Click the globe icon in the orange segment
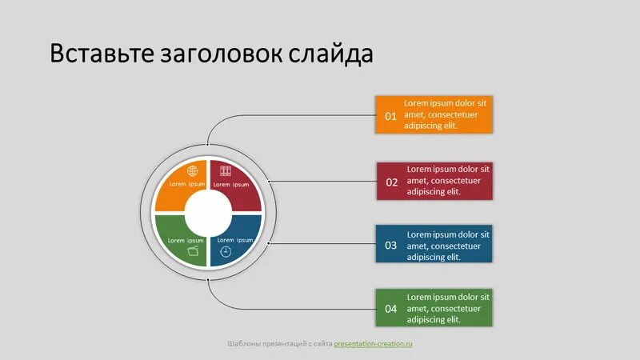pyautogui.click(x=192, y=171)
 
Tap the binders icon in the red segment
pyautogui.click(x=225, y=171)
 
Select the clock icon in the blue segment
pyautogui.click(x=226, y=251)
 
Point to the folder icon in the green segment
pyautogui.click(x=192, y=251)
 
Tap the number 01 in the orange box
pyautogui.click(x=391, y=116)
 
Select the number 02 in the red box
pyautogui.click(x=392, y=182)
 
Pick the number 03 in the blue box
pyautogui.click(x=391, y=246)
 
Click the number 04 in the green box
pyautogui.click(x=391, y=308)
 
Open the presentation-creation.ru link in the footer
pyautogui.click(x=373, y=344)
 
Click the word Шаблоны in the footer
pyautogui.click(x=243, y=344)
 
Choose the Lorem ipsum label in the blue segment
pyautogui.click(x=235, y=240)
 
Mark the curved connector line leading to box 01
pyautogui.click(x=240, y=116)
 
